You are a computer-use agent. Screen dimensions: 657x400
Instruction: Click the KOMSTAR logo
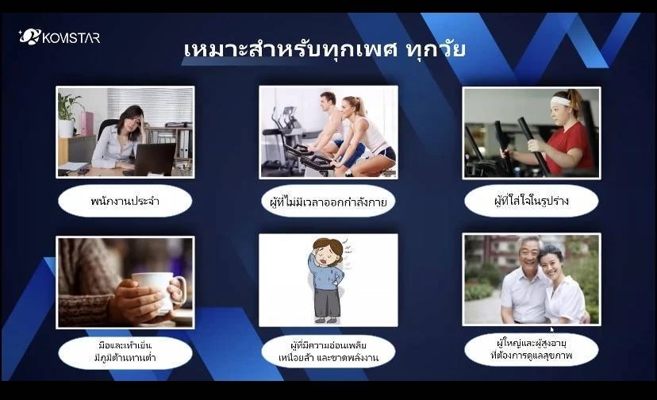point(59,37)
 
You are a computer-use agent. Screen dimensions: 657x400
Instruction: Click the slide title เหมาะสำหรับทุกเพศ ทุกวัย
point(325,49)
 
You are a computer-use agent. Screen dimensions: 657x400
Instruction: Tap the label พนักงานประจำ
point(125,201)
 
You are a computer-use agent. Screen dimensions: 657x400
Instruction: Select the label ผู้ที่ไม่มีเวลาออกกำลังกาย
point(328,202)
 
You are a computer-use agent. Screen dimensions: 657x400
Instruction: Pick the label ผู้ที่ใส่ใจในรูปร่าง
point(532,201)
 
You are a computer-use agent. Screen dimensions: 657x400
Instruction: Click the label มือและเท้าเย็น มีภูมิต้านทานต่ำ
point(125,352)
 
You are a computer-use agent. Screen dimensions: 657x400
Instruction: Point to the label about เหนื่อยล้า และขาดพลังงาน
point(328,352)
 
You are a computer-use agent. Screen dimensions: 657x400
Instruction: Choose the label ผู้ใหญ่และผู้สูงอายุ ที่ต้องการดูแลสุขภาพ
point(532,350)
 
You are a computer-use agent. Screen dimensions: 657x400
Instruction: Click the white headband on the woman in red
point(562,101)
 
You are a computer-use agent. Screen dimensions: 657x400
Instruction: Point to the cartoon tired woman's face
point(327,253)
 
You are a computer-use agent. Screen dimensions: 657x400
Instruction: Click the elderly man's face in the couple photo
point(528,255)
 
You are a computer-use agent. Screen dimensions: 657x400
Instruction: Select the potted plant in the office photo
point(68,114)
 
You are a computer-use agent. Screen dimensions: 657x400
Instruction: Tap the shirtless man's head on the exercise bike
point(328,101)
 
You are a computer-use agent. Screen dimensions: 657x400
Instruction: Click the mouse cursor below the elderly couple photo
point(552,330)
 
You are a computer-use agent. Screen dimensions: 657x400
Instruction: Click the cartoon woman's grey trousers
point(326,302)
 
